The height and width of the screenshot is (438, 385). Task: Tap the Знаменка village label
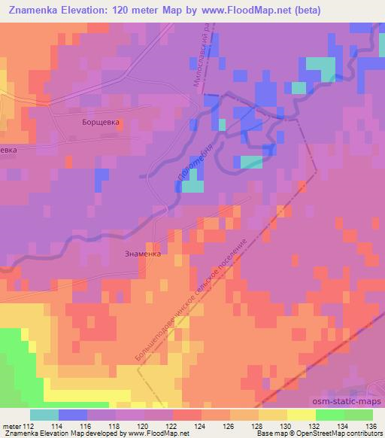pos(143,254)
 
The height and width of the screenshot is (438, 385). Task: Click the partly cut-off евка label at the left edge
pos(8,150)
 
